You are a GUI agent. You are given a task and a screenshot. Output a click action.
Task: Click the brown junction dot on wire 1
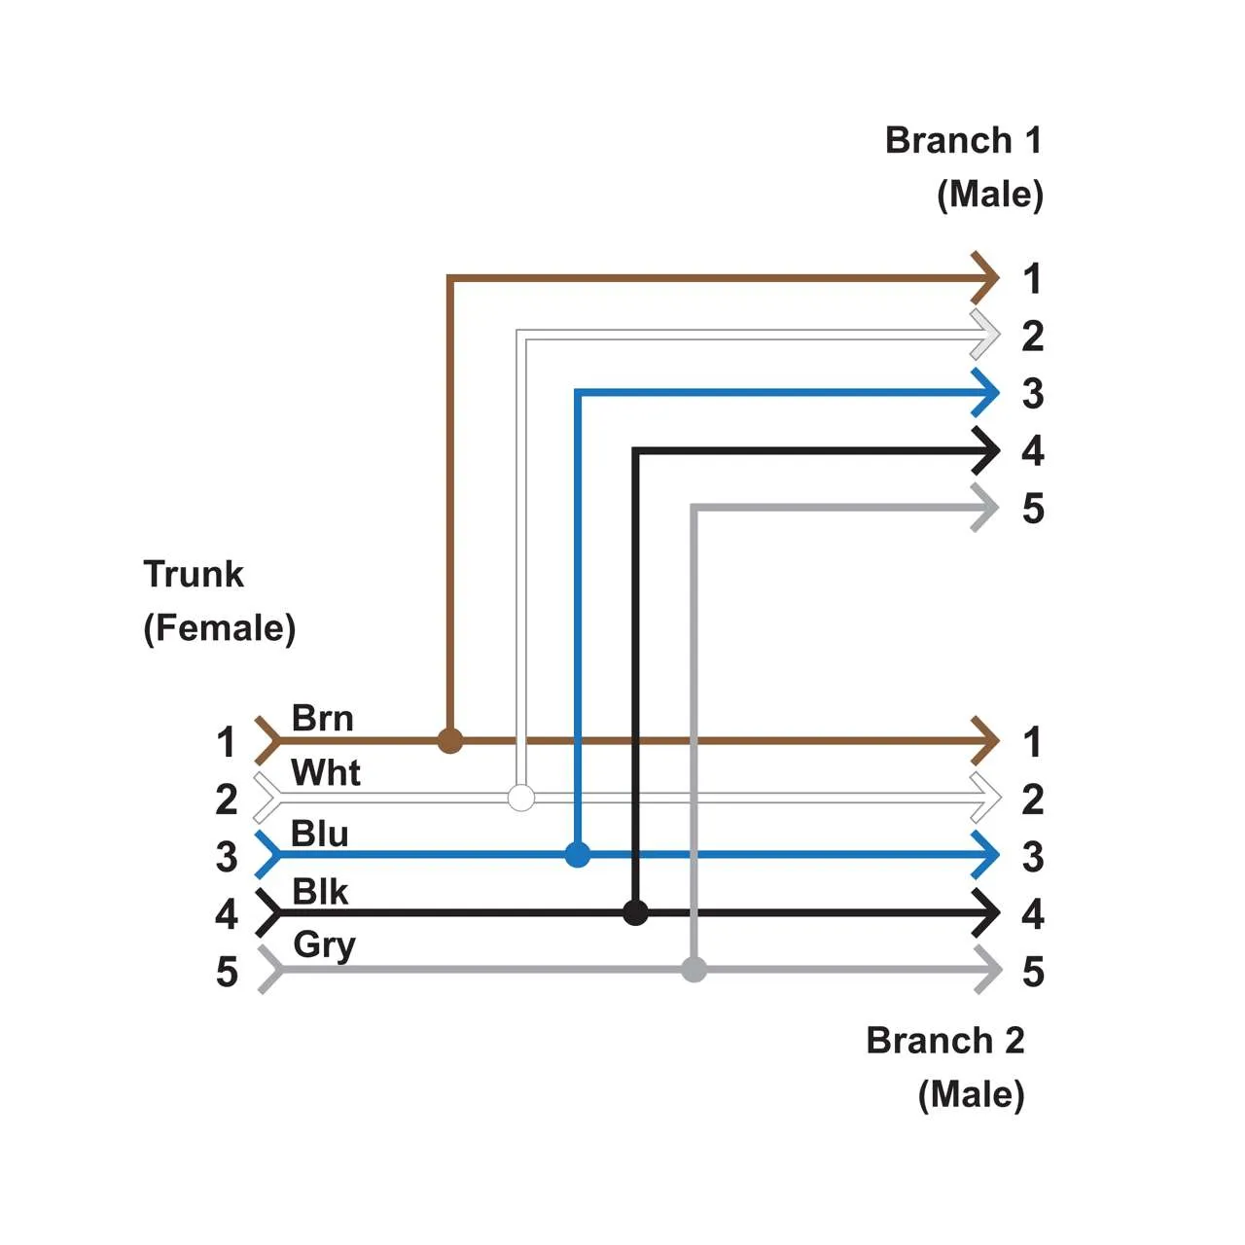point(449,740)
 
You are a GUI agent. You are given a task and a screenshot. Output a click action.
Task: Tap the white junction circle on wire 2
point(521,798)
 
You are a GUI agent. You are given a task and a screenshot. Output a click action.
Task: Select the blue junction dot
point(578,855)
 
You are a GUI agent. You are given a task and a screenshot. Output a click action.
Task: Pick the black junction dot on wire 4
point(635,912)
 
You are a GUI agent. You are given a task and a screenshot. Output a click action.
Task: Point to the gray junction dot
point(694,970)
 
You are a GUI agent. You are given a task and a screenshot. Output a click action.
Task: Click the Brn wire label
point(322,719)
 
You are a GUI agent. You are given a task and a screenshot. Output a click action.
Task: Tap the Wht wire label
point(326,773)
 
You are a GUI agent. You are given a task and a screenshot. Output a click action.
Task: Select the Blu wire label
point(319,834)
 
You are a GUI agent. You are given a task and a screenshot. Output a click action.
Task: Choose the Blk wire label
point(320,891)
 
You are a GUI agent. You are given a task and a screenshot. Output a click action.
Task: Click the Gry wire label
point(324,945)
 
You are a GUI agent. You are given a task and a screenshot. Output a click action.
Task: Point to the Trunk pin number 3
point(227,857)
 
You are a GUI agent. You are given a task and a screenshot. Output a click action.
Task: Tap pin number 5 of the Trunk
point(227,972)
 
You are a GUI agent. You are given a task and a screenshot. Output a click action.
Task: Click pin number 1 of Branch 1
point(1032,279)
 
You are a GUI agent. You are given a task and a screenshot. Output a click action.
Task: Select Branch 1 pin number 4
point(1032,451)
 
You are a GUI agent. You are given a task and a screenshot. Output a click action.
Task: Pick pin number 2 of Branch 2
point(1032,800)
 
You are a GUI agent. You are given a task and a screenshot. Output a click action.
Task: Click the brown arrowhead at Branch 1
point(986,278)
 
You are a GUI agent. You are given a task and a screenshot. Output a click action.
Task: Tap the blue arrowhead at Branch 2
point(986,855)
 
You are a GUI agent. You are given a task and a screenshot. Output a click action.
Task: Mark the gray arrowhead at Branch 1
point(986,508)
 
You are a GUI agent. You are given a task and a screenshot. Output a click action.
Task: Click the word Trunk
point(194,574)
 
